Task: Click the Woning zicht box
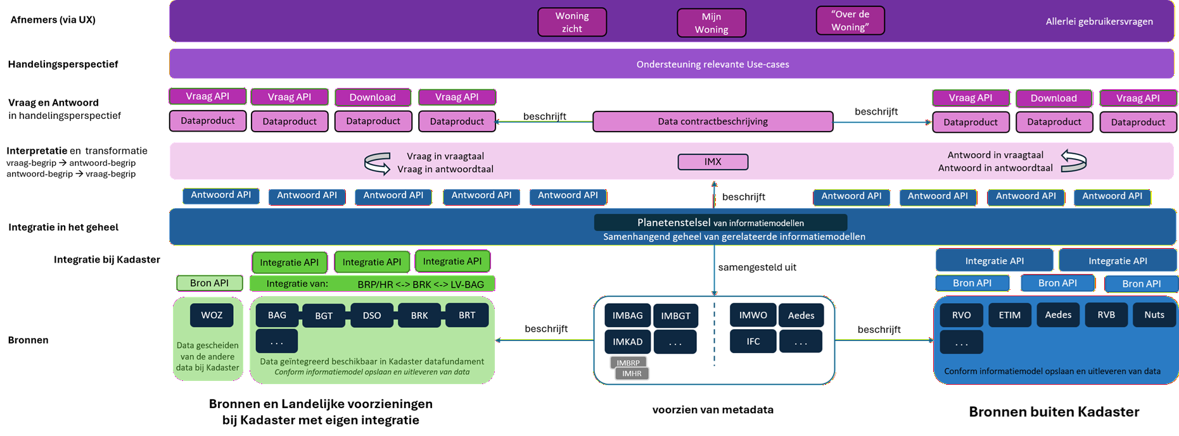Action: tap(572, 22)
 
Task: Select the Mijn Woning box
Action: tap(711, 23)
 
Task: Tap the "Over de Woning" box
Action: tap(850, 20)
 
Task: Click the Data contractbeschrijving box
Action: tap(713, 121)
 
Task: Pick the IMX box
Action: tap(713, 162)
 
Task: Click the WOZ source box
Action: tap(212, 315)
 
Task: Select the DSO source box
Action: tap(372, 315)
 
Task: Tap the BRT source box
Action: tap(467, 315)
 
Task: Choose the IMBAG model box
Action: tap(628, 315)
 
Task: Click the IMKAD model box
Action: tap(628, 342)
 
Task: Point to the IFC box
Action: tap(753, 341)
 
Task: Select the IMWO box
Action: tap(753, 315)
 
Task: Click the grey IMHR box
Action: tap(632, 374)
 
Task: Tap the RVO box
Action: tap(962, 315)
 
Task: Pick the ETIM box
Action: tap(1010, 315)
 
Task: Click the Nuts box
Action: tap(1154, 315)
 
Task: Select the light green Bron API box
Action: tap(209, 283)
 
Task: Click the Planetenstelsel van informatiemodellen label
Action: tap(720, 223)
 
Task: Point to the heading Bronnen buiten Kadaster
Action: tap(1054, 412)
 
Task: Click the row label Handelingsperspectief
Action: tap(63, 64)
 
